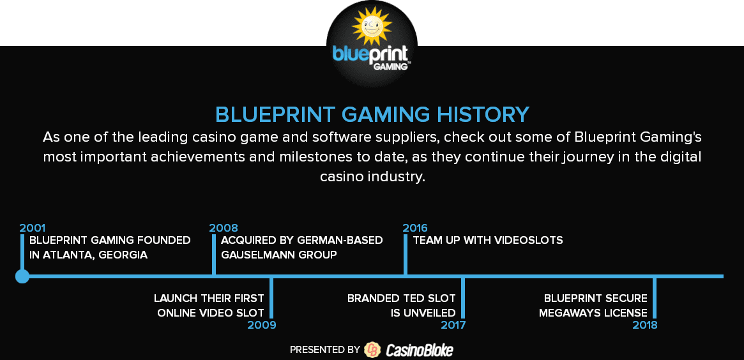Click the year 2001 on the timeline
pyautogui.click(x=33, y=228)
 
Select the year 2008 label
pyautogui.click(x=224, y=228)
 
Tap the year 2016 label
pyautogui.click(x=415, y=228)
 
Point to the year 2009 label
pyautogui.click(x=262, y=325)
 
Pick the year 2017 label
pyautogui.click(x=453, y=325)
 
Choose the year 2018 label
pyautogui.click(x=645, y=325)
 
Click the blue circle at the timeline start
pyautogui.click(x=22, y=276)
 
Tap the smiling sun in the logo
pyautogui.click(x=372, y=27)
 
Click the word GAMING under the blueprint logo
pyautogui.click(x=390, y=66)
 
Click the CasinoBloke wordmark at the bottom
pyautogui.click(x=420, y=350)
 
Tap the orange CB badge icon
pyautogui.click(x=372, y=350)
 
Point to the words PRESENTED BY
pyautogui.click(x=325, y=350)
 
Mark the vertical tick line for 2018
pyautogui.click(x=655, y=298)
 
